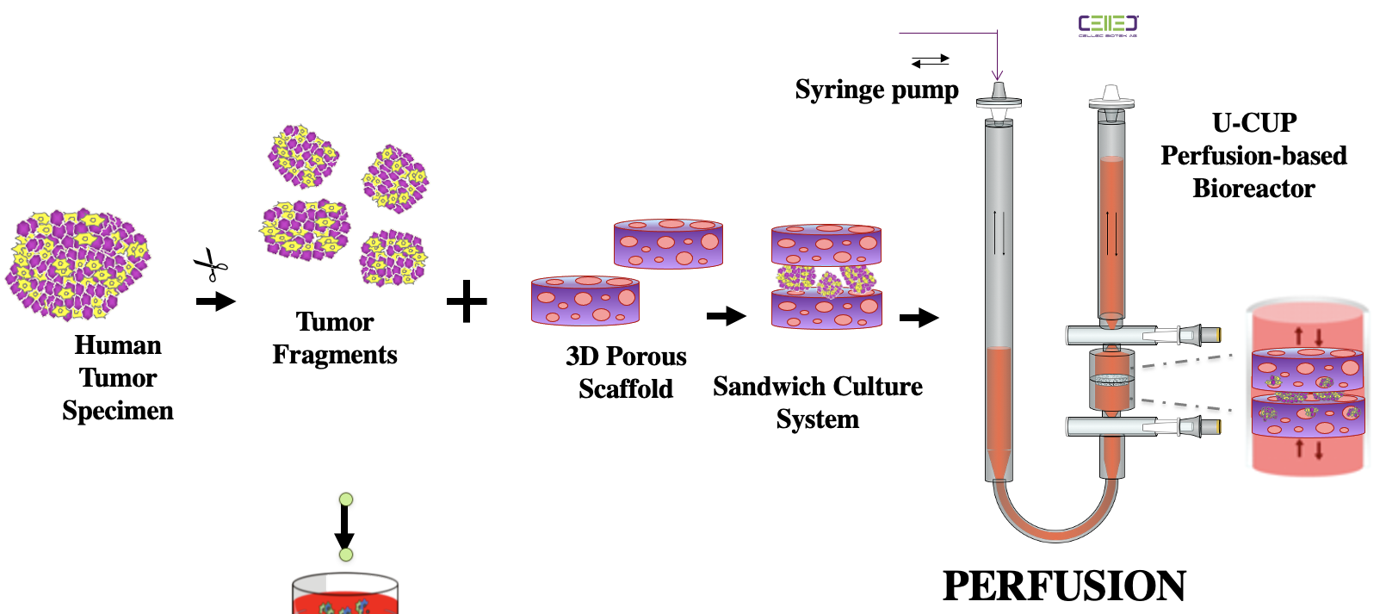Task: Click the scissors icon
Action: pyautogui.click(x=211, y=264)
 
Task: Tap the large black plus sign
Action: pyautogui.click(x=467, y=301)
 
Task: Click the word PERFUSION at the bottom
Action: pyautogui.click(x=1064, y=586)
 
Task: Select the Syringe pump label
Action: pyautogui.click(x=876, y=90)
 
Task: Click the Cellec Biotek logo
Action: pyautogui.click(x=1108, y=26)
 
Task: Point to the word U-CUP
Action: pyautogui.click(x=1254, y=123)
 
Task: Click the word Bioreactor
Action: pyautogui.click(x=1253, y=189)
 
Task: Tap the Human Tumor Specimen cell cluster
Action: pyautogui.click(x=77, y=263)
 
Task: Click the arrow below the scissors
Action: pyautogui.click(x=215, y=301)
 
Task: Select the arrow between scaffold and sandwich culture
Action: pyautogui.click(x=726, y=316)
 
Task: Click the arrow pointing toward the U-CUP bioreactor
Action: pyautogui.click(x=919, y=318)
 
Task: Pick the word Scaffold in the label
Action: pyautogui.click(x=626, y=389)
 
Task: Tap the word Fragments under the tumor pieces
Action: pyautogui.click(x=335, y=355)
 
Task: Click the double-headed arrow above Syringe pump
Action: pyautogui.click(x=931, y=60)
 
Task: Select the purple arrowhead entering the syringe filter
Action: pyautogui.click(x=997, y=75)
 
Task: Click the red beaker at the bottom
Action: pyautogui.click(x=344, y=596)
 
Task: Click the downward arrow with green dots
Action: pyautogui.click(x=345, y=526)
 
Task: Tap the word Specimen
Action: pyautogui.click(x=118, y=411)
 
